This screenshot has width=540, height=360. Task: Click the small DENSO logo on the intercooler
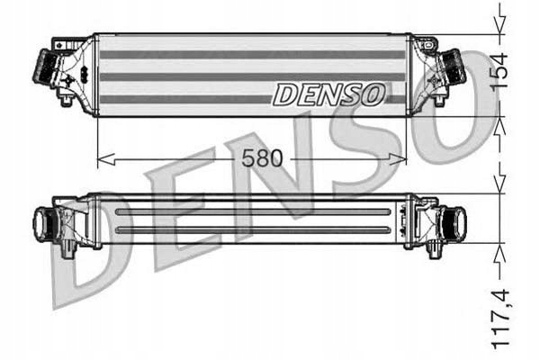point(330,93)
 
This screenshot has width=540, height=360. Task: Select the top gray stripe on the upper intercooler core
point(252,55)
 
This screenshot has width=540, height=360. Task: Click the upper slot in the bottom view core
point(252,212)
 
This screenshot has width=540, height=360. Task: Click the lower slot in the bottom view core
point(252,229)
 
